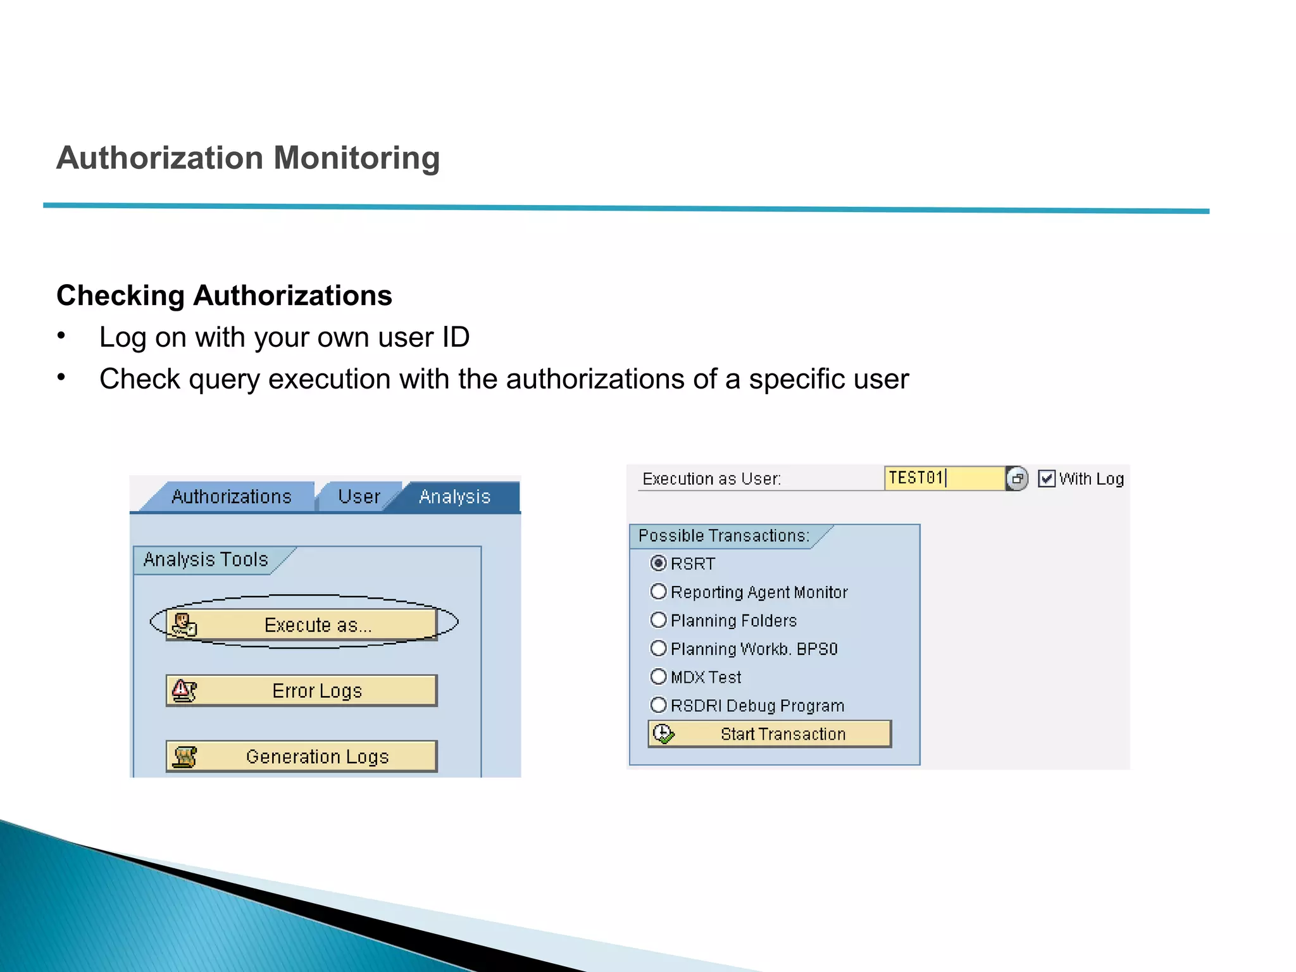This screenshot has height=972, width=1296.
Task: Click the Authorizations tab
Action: point(231,497)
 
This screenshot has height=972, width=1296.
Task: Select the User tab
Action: point(359,497)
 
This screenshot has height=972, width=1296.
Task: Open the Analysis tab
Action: point(454,497)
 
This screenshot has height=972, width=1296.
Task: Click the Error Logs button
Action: point(301,690)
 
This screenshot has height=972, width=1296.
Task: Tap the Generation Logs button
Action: point(301,756)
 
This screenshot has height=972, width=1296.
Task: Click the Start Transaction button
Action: point(769,734)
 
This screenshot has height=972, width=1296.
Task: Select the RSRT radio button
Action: point(659,563)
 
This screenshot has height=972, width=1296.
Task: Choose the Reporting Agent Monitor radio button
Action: point(659,592)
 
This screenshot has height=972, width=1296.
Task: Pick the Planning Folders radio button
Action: point(659,620)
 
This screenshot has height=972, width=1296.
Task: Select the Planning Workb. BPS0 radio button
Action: point(659,649)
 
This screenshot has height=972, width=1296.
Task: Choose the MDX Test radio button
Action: point(659,677)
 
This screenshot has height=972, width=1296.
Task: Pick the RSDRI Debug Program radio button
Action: point(659,705)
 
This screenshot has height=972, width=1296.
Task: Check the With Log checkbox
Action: point(1047,479)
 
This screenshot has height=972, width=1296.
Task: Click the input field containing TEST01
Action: point(943,478)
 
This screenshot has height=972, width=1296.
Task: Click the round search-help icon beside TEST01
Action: point(1017,479)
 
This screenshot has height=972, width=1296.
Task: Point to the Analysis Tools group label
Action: point(206,559)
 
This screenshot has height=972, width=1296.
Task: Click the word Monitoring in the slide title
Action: point(356,158)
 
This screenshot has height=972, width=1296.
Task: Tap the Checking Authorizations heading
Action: point(224,296)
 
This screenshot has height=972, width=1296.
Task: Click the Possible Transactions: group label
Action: point(723,536)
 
